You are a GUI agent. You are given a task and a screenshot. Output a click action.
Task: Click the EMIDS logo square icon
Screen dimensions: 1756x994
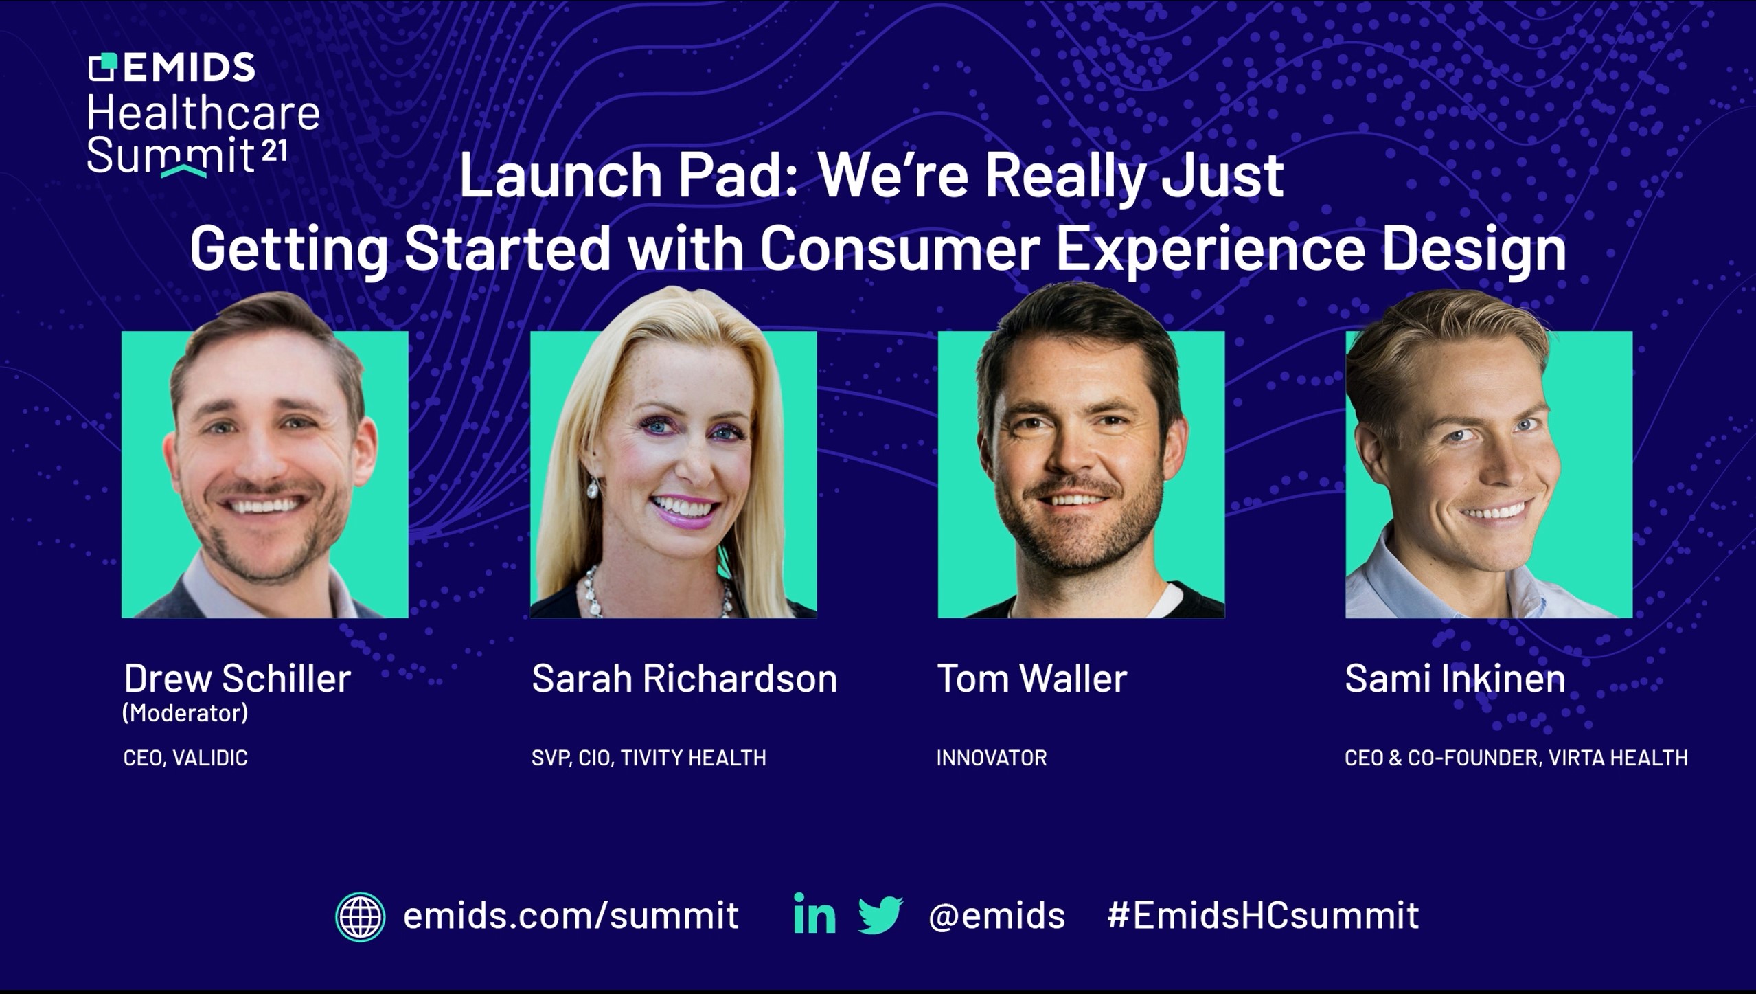[103, 67]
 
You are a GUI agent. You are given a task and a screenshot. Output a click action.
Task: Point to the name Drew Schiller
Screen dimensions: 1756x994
[237, 679]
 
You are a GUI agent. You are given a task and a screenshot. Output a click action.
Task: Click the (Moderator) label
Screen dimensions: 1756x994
[185, 713]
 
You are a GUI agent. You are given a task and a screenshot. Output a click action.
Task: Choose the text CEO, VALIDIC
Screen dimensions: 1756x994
[185, 758]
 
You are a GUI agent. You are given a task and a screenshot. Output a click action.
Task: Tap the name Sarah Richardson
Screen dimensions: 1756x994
[685, 679]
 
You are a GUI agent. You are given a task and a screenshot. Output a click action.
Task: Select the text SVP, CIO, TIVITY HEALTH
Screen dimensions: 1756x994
[649, 758]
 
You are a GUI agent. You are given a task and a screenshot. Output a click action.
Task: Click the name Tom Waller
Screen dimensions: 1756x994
[1032, 679]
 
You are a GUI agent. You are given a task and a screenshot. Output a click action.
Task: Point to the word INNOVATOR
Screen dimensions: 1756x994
[992, 758]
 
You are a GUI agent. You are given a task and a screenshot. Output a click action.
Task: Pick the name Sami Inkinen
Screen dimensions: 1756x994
[1455, 679]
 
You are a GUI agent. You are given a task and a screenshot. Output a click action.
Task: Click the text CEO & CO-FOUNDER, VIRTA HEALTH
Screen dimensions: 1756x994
[1516, 758]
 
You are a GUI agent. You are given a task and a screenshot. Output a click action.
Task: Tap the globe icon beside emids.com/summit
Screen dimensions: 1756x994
[360, 916]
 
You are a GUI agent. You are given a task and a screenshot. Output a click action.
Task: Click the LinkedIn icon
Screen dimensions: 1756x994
[814, 914]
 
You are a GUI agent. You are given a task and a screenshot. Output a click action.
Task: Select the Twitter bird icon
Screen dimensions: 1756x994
[880, 915]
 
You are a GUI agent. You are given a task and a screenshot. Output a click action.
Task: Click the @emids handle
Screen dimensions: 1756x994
[996, 916]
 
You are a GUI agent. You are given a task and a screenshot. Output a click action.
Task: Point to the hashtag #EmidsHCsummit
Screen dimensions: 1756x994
[1263, 915]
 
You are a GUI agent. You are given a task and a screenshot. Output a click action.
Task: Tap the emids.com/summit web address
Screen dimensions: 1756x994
[571, 916]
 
